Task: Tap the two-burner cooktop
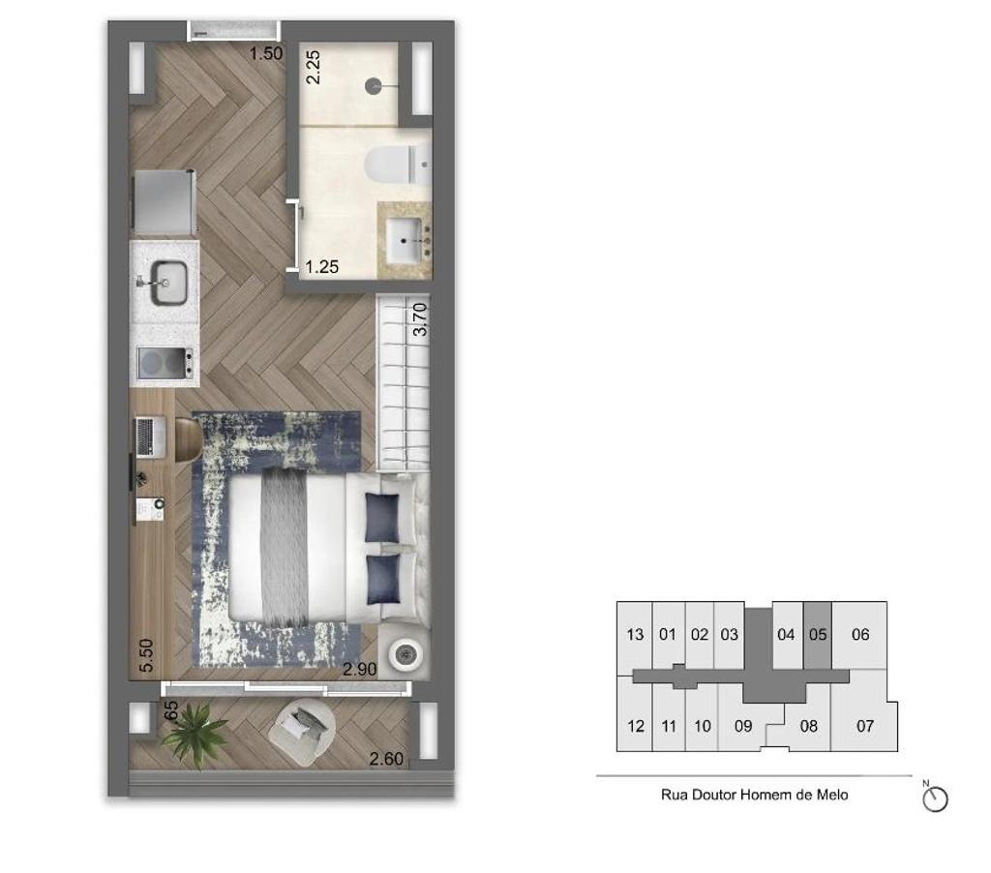click(x=165, y=364)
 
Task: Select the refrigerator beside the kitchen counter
click(x=165, y=202)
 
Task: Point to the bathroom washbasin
click(x=408, y=234)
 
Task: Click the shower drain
click(x=375, y=86)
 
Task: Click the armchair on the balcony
click(x=304, y=727)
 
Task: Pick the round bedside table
click(x=405, y=655)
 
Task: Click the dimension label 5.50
click(x=146, y=656)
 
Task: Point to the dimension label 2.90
click(x=360, y=669)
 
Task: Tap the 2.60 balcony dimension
click(x=387, y=759)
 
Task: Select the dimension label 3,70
click(x=419, y=318)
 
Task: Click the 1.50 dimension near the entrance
click(x=266, y=54)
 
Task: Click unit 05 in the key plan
click(x=818, y=635)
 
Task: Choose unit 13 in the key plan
click(x=635, y=635)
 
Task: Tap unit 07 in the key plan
click(x=864, y=725)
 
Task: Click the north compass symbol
click(x=936, y=799)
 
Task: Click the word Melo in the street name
click(x=830, y=795)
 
